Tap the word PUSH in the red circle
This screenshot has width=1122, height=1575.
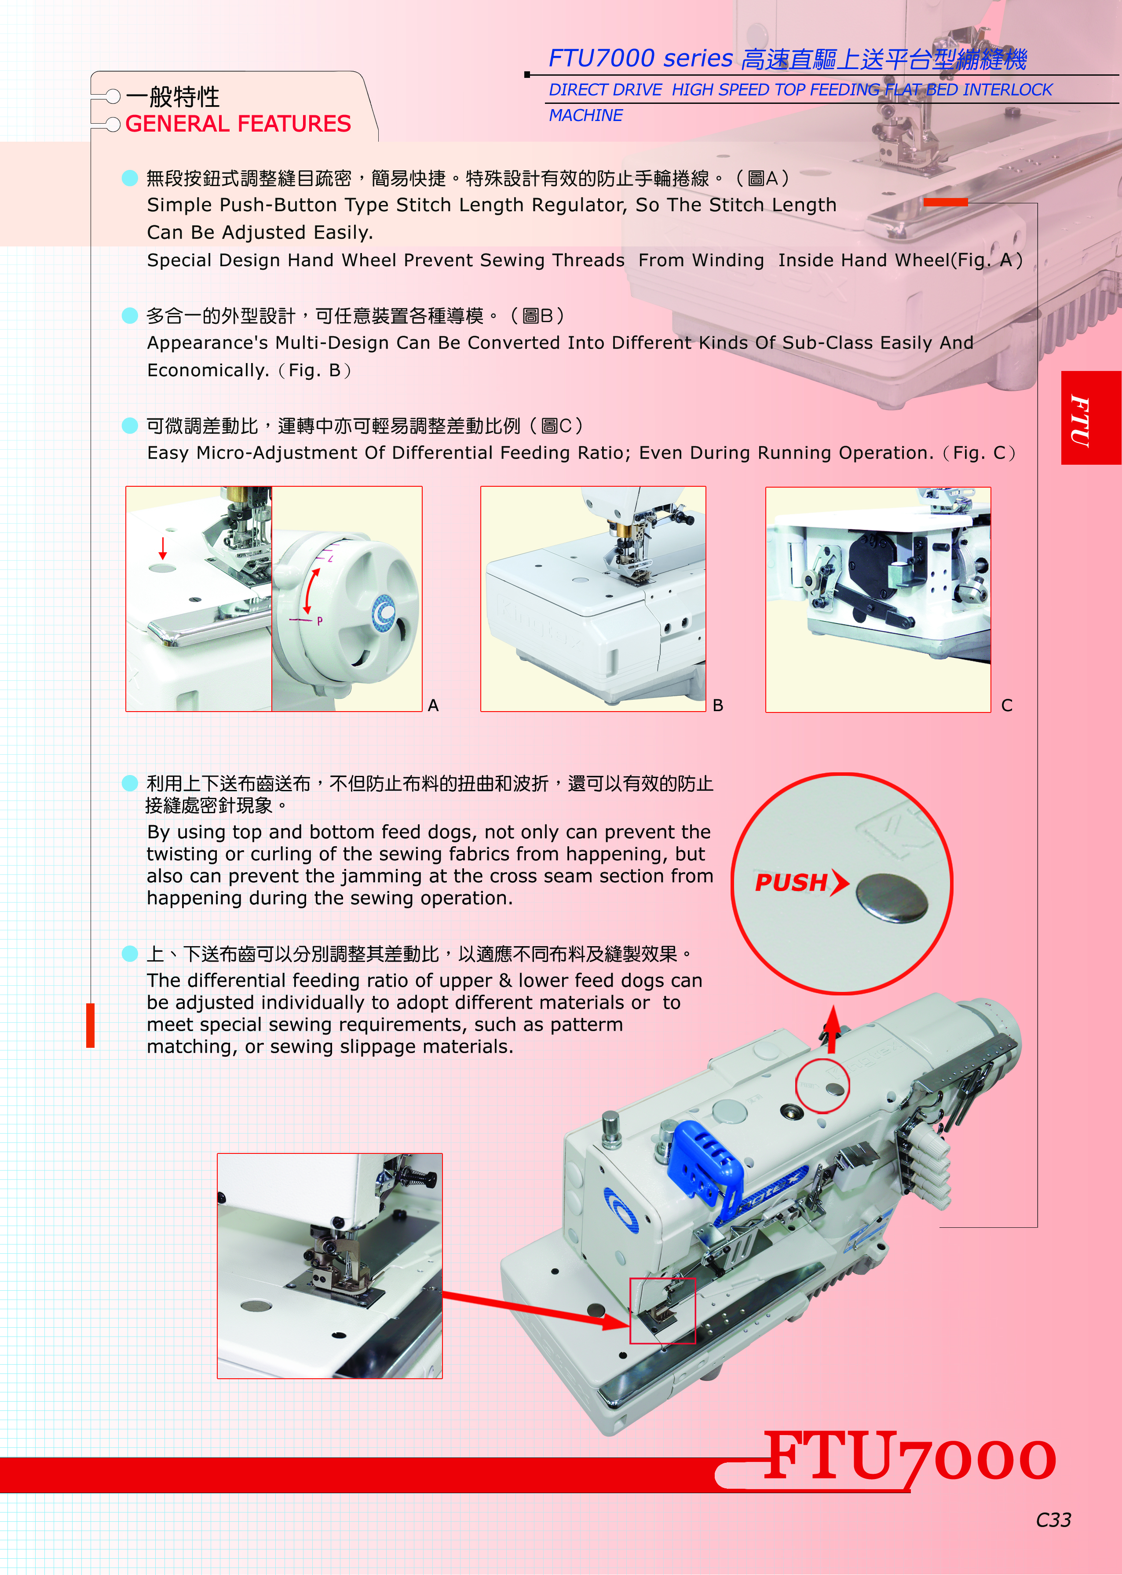pyautogui.click(x=791, y=882)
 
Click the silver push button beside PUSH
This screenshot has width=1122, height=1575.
pyautogui.click(x=891, y=897)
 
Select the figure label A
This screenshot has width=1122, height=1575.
pyautogui.click(x=433, y=705)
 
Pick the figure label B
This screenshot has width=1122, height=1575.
pyautogui.click(x=718, y=705)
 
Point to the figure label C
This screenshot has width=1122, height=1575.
pyautogui.click(x=1007, y=705)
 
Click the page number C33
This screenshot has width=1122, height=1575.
pyautogui.click(x=1053, y=1520)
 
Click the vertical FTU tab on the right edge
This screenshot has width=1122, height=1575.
pyautogui.click(x=1080, y=420)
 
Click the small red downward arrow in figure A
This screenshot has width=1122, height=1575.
pyautogui.click(x=163, y=548)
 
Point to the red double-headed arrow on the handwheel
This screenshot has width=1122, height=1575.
pyautogui.click(x=311, y=591)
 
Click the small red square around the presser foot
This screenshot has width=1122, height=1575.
pyautogui.click(x=662, y=1311)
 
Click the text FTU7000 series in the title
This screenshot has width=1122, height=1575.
pyautogui.click(x=640, y=58)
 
